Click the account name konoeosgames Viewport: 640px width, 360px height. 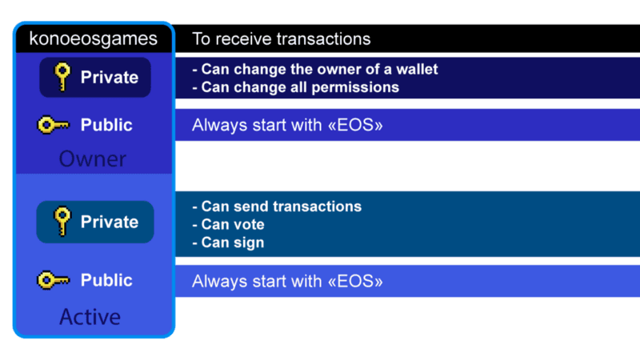(93, 39)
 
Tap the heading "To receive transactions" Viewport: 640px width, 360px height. (282, 39)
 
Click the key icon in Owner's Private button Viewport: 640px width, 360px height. (62, 77)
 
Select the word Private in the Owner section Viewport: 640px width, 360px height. (110, 77)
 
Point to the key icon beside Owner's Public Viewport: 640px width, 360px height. (54, 125)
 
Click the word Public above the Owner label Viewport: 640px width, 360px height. (106, 125)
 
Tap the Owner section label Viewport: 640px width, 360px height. (93, 158)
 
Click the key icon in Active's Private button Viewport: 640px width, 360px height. (62, 222)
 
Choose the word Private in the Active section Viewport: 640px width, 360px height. (110, 222)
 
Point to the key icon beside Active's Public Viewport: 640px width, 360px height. (54, 281)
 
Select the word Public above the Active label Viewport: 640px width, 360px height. (106, 281)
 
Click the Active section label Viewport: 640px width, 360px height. (90, 317)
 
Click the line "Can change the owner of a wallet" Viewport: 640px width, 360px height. (315, 70)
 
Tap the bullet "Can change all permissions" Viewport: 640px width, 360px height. (295, 87)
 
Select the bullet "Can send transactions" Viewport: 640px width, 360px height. (277, 206)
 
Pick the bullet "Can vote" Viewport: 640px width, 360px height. (228, 225)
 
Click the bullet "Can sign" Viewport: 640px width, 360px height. (228, 242)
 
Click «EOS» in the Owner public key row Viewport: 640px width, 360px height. (355, 125)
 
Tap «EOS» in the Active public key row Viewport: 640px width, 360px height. (355, 282)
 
